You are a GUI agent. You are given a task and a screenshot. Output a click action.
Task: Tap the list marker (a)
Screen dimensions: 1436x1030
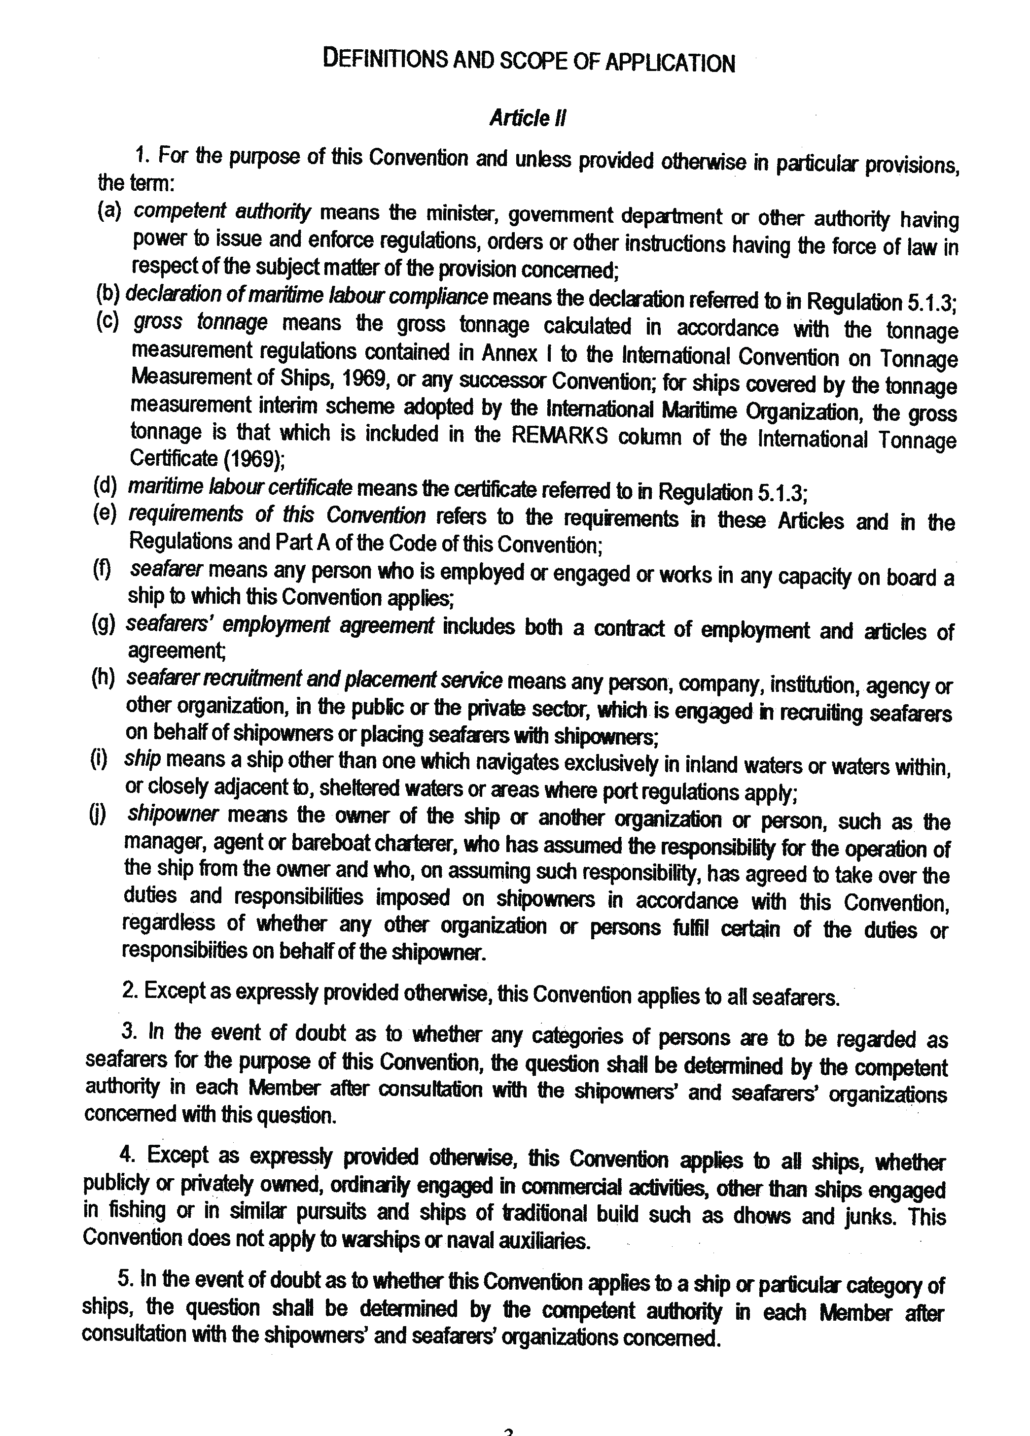[109, 211]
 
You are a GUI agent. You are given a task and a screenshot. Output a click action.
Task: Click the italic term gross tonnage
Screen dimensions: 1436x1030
[200, 324]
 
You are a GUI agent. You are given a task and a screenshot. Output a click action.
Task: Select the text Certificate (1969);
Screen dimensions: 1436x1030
[207, 459]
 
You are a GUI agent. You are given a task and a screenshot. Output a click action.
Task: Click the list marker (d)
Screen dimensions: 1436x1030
[105, 487]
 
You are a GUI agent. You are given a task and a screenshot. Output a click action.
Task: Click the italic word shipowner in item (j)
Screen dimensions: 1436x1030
[172, 814]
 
